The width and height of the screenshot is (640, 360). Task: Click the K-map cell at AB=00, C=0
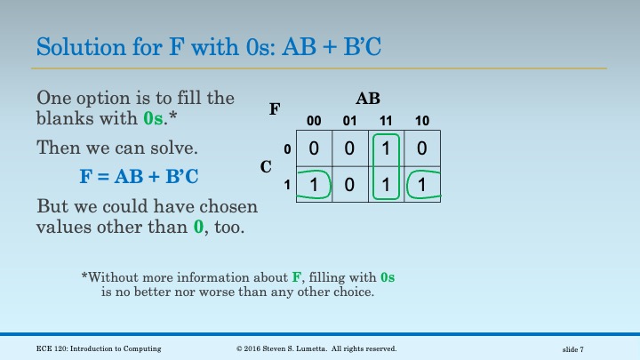pos(314,148)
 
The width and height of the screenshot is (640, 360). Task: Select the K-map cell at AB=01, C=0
pos(349,148)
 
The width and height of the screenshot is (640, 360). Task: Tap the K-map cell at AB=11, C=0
pos(386,148)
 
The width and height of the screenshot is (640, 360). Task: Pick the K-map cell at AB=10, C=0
pos(421,148)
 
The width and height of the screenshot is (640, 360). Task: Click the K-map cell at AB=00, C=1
pos(314,184)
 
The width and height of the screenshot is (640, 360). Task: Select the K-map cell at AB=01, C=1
pos(349,184)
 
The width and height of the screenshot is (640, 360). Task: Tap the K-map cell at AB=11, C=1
pos(386,184)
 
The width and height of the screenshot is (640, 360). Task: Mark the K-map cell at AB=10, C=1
pos(421,184)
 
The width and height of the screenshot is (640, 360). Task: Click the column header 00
pos(314,120)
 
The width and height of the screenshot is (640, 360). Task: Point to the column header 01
pos(349,120)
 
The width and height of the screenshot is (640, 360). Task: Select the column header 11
pos(386,120)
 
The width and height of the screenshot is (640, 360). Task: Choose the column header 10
pos(421,120)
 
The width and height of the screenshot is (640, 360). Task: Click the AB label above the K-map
pos(367,100)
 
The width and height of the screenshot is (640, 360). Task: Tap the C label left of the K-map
pos(266,166)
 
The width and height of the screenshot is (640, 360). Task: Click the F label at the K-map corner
pos(275,110)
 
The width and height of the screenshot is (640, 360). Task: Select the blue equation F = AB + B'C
pos(139,176)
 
